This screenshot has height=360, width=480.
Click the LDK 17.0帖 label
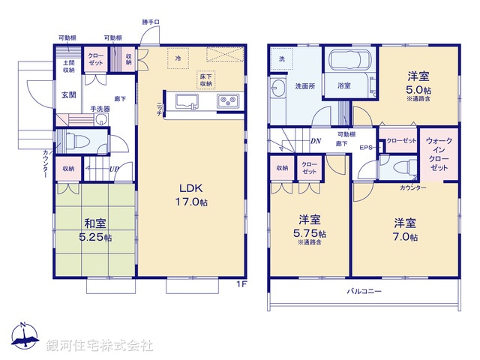pos(192,193)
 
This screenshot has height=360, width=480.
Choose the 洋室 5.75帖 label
pos(310,226)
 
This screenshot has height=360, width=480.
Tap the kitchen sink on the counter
pos(184,101)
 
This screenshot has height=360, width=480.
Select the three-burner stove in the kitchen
pos(227,100)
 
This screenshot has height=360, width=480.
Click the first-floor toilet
pos(74,139)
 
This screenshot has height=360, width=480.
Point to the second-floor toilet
pos(401,167)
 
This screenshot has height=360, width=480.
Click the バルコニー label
pos(364,290)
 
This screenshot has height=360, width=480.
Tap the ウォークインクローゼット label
pos(439,154)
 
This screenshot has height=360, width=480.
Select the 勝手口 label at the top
pos(151,22)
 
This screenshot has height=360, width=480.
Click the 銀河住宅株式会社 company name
pos(99,345)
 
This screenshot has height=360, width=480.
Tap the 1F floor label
pos(241,283)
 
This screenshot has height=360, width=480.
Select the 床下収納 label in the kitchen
pos(206,80)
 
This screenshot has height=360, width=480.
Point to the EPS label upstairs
pos(367,148)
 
